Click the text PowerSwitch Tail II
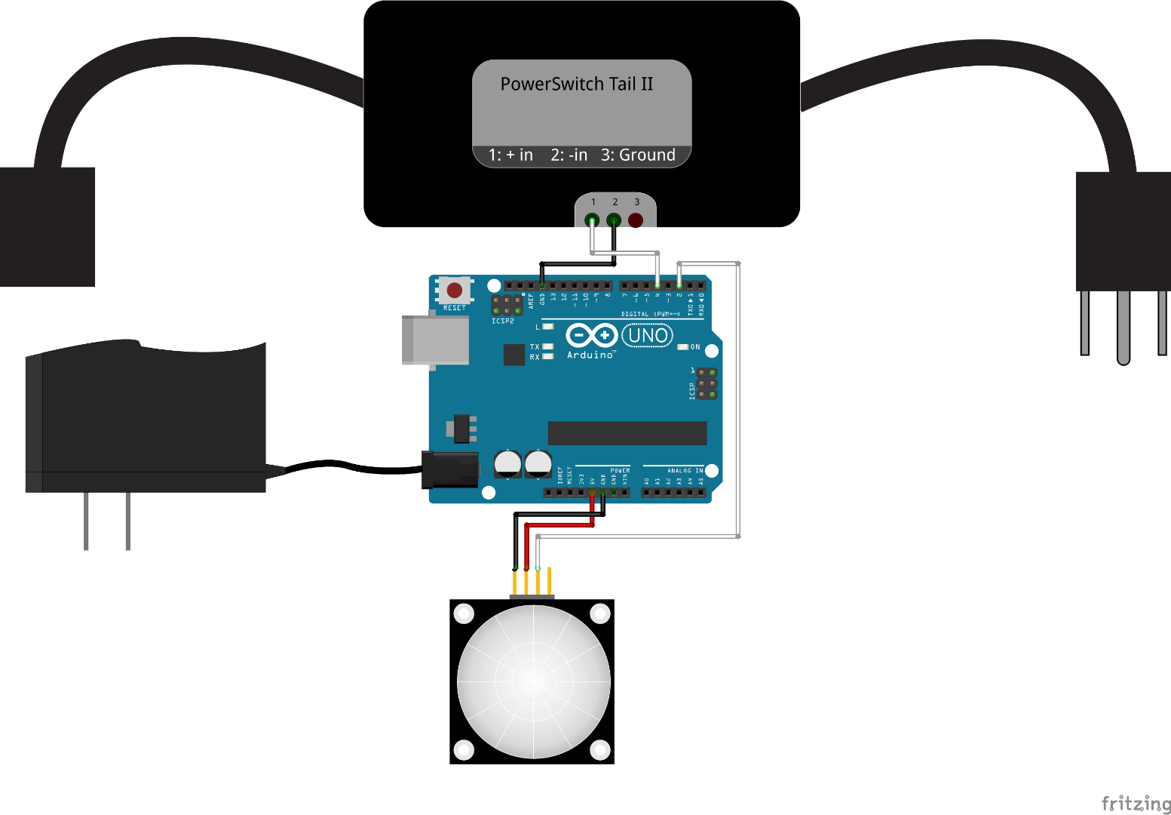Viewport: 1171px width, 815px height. point(577,84)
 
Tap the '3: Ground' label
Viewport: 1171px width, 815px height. point(638,155)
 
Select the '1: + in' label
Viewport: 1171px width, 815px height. point(510,155)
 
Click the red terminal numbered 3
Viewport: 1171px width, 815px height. point(636,220)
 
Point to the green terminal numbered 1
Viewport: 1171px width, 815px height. point(593,220)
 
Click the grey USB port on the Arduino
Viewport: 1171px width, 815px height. point(435,340)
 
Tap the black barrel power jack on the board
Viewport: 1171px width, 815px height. point(450,469)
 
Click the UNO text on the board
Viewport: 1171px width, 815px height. point(648,335)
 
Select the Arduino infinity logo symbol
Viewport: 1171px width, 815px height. point(592,334)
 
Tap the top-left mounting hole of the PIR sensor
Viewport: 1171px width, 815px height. point(464,614)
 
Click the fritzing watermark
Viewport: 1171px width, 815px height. point(1136,803)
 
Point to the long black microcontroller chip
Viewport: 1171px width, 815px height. point(627,433)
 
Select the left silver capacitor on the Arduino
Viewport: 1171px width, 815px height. point(507,463)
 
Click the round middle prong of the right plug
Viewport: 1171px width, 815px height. point(1123,327)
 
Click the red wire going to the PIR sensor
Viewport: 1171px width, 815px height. point(559,524)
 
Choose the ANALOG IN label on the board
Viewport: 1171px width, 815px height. point(685,470)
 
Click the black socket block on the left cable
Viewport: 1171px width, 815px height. point(47,226)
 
